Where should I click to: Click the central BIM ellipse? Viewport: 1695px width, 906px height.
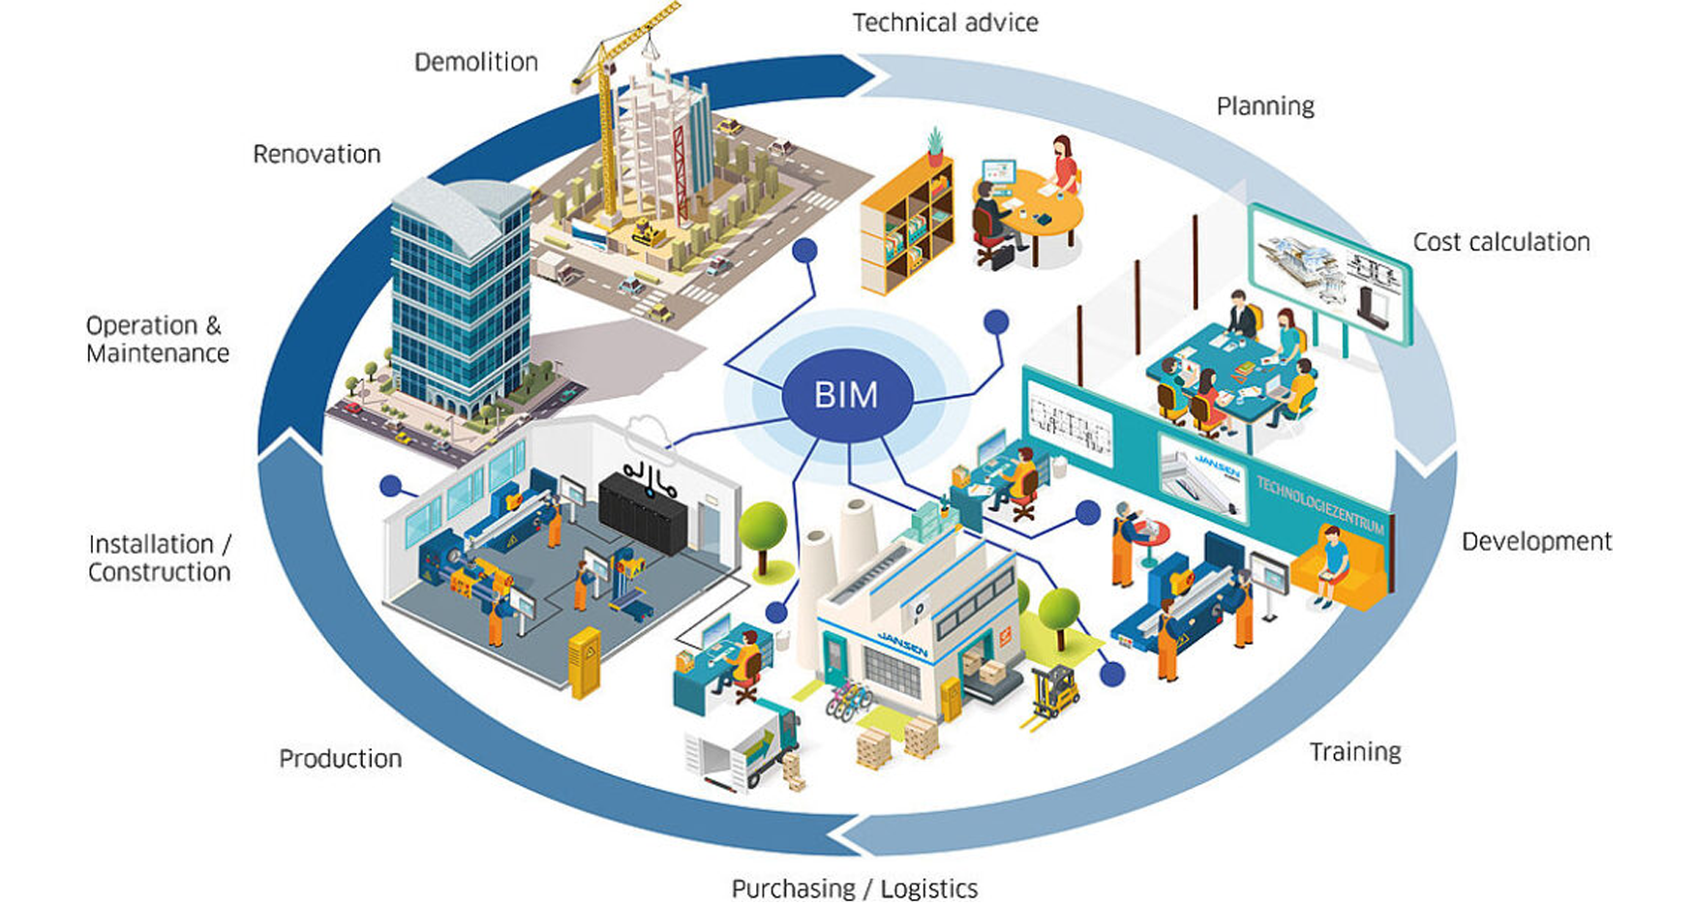click(846, 395)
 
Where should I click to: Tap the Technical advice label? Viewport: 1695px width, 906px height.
click(945, 22)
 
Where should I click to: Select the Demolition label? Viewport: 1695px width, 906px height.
click(475, 62)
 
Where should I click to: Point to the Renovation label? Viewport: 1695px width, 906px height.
click(317, 154)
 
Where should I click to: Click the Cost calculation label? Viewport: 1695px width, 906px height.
click(1500, 242)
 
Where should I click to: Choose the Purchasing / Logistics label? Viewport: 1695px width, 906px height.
click(854, 888)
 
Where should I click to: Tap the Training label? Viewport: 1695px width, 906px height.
click(1354, 751)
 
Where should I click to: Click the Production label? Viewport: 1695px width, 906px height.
click(340, 758)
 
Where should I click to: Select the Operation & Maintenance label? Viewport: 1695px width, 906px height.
click(157, 339)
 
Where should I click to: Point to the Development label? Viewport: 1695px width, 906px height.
click(1536, 541)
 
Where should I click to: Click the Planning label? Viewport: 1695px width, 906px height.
click(1264, 106)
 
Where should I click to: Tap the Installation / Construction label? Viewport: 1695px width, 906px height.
click(160, 558)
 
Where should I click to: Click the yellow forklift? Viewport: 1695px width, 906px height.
click(1051, 693)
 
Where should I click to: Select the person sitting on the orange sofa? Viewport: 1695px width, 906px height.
click(1333, 566)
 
